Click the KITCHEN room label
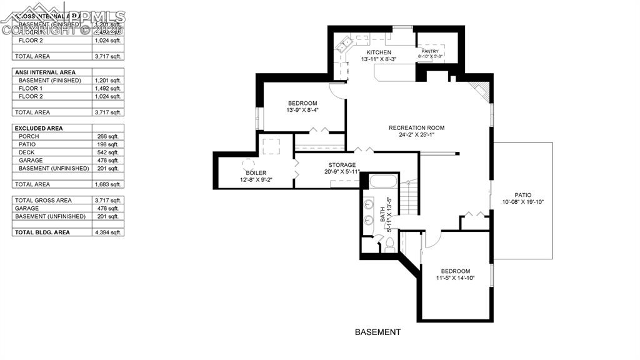[x=379, y=52]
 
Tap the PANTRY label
[x=430, y=51]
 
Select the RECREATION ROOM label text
[x=416, y=128]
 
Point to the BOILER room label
[x=256, y=173]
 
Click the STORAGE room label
[x=342, y=165]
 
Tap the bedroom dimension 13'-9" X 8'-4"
[x=302, y=111]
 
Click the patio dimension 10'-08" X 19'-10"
[x=523, y=202]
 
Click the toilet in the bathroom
[x=390, y=246]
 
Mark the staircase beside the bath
[x=409, y=199]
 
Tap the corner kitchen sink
[x=344, y=46]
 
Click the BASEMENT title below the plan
[x=377, y=332]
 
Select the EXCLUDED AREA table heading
[x=41, y=128]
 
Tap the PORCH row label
[x=29, y=136]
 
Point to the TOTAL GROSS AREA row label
[x=43, y=201]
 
